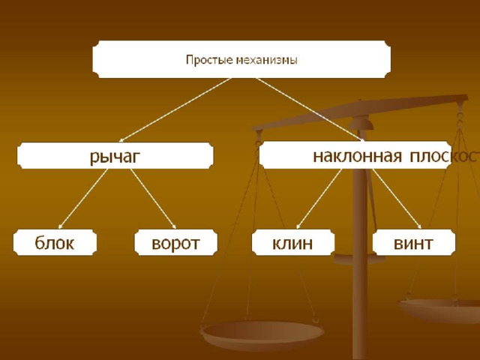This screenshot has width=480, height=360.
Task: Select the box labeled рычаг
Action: click(115, 155)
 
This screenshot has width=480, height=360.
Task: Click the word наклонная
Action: click(357, 157)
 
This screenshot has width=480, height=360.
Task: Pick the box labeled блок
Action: click(55, 242)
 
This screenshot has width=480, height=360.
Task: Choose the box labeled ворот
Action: click(176, 242)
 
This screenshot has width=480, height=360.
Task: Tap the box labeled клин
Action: click(293, 242)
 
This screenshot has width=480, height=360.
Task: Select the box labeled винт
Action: click(413, 242)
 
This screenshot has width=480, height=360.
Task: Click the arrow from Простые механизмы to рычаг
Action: click(175, 110)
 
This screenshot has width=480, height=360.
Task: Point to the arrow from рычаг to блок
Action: click(83, 199)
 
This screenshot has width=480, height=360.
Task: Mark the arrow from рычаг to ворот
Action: click(153, 199)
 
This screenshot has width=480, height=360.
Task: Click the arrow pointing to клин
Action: click(319, 199)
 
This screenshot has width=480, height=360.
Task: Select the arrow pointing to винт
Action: click(397, 199)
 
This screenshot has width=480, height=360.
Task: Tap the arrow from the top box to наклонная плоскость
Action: click(310, 109)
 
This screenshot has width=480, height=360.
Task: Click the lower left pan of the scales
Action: click(262, 335)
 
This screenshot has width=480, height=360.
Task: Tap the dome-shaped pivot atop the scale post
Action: click(361, 123)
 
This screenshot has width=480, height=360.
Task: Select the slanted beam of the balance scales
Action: click(360, 112)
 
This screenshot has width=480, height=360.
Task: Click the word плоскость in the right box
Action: click(445, 157)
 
